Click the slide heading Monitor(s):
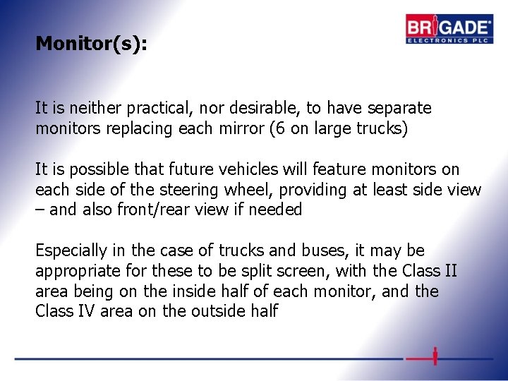(x=91, y=44)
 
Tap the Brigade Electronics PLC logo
(x=449, y=30)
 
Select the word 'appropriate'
(x=76, y=271)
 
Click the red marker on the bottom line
(x=435, y=356)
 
